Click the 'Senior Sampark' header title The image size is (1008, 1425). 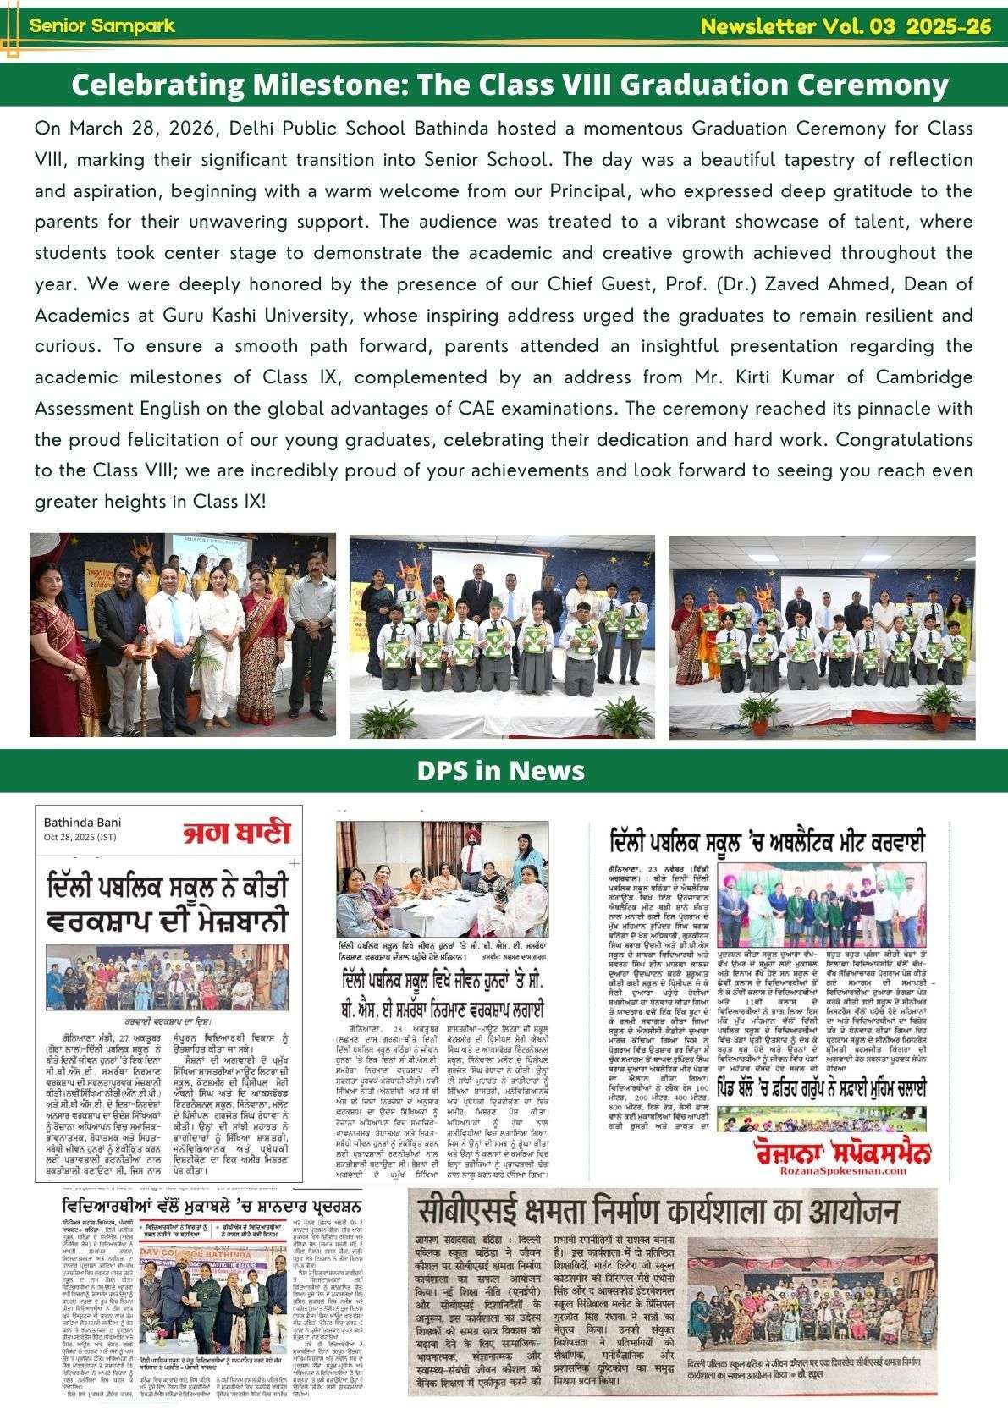pos(102,25)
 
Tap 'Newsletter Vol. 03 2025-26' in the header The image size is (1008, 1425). pos(846,26)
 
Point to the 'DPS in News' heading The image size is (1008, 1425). pos(500,770)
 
